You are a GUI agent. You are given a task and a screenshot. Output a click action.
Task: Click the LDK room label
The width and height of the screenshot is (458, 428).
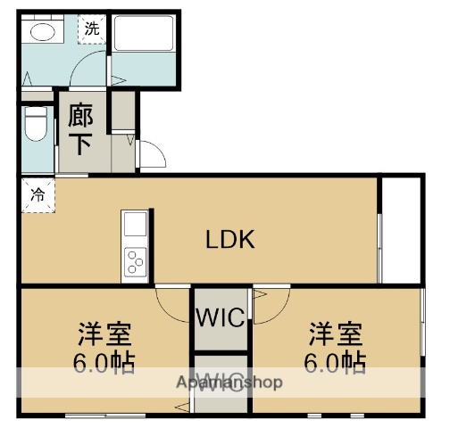pyautogui.click(x=231, y=239)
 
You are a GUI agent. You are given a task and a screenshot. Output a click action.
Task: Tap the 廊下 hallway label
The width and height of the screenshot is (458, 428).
pyautogui.click(x=79, y=130)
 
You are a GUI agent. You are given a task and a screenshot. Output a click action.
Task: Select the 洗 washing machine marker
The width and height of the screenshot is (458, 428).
pyautogui.click(x=92, y=28)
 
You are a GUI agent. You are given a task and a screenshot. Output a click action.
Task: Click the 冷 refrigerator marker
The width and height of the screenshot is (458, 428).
pyautogui.click(x=37, y=193)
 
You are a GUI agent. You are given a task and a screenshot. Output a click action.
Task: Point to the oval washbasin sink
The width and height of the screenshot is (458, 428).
pyautogui.click(x=42, y=33)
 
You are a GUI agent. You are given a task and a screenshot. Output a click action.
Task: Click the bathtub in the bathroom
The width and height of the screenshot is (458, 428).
pyautogui.click(x=143, y=35)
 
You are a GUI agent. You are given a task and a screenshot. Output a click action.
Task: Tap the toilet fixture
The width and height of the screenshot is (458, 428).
pyautogui.click(x=36, y=125)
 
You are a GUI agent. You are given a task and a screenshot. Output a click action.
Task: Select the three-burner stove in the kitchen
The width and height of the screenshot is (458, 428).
pyautogui.click(x=137, y=261)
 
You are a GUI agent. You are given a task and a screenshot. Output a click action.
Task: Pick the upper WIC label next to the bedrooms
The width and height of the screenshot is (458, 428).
pyautogui.click(x=221, y=318)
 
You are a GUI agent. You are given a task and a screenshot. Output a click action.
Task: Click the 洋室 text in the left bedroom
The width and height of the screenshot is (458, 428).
pyautogui.click(x=103, y=336)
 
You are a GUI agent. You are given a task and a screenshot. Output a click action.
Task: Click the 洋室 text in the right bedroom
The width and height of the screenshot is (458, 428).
pyautogui.click(x=336, y=336)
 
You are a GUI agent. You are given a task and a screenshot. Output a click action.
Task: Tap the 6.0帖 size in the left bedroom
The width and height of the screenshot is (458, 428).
pyautogui.click(x=103, y=363)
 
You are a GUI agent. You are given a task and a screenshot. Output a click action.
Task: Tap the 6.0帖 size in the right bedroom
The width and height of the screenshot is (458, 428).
pyautogui.click(x=336, y=363)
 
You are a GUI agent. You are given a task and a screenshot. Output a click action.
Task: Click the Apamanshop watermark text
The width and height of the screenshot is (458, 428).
pyautogui.click(x=229, y=383)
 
